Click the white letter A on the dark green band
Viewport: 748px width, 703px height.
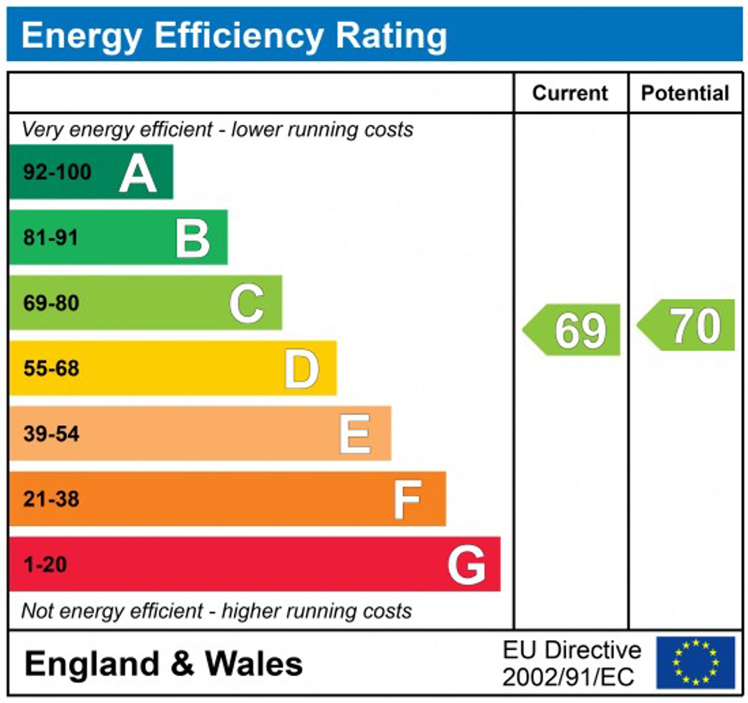pos(138,173)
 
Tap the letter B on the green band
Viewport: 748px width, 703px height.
pos(192,238)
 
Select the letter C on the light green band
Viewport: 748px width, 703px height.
pos(247,303)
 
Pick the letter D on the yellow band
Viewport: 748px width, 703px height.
pos(301,369)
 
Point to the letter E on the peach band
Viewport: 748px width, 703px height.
pos(355,434)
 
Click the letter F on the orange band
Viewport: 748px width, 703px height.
pos(407,500)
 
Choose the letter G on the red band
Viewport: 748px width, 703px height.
pos(466,565)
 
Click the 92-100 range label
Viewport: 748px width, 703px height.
pos(57,172)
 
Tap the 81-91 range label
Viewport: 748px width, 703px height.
pos(51,237)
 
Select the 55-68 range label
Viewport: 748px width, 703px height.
pos(51,368)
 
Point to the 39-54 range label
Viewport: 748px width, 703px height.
pos(51,433)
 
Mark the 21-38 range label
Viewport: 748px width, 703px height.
pos(51,499)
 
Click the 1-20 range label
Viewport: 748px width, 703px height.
pos(45,564)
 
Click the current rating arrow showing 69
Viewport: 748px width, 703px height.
pos(572,330)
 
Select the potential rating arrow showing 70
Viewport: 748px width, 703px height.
pos(686,325)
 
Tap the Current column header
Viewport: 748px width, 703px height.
pos(570,93)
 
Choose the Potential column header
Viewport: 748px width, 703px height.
pos(685,93)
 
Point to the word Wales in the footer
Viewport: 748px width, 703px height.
pos(254,664)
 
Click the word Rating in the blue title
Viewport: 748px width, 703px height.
pos(391,36)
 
